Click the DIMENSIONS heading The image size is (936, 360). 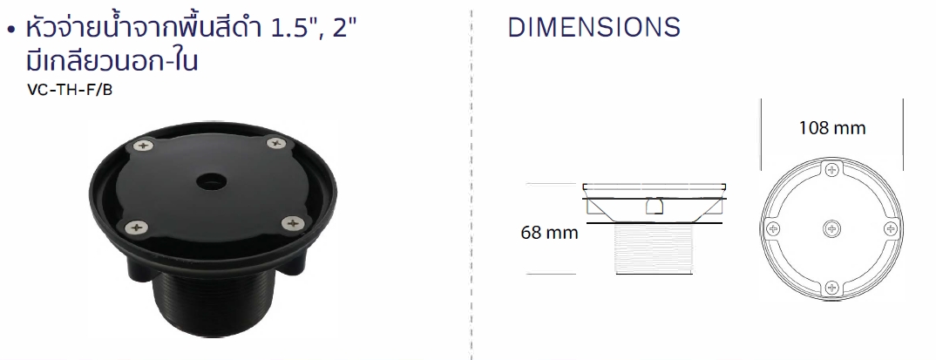click(x=594, y=28)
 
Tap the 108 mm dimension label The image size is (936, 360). click(x=832, y=128)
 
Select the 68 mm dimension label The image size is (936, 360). click(x=549, y=232)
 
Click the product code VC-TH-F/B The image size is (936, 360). click(x=70, y=91)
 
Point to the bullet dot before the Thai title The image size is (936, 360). click(x=10, y=30)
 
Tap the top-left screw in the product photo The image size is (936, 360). click(x=142, y=145)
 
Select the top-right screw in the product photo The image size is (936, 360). click(x=275, y=143)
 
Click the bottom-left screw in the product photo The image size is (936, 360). click(x=138, y=227)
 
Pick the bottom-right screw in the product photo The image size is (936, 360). click(x=292, y=224)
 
